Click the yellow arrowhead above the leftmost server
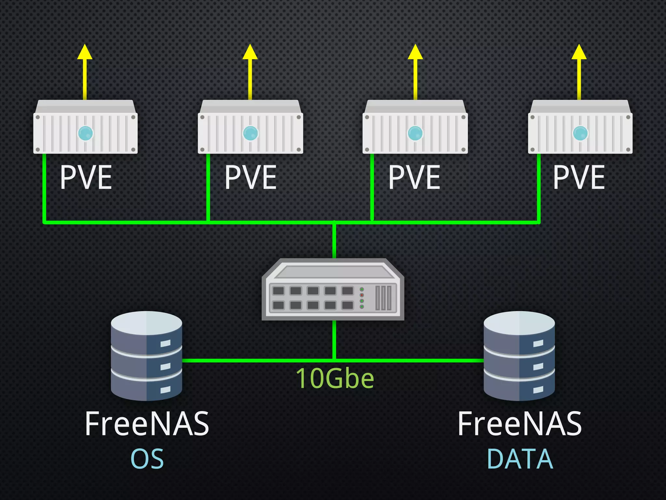(85, 53)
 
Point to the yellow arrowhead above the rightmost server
(579, 53)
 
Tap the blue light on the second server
(250, 133)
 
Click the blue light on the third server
(415, 133)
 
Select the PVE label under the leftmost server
(86, 177)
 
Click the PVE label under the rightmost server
(579, 177)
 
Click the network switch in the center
(333, 290)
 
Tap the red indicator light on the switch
(362, 295)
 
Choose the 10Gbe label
(335, 378)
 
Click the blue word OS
(147, 459)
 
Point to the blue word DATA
(520, 459)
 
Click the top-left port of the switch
(278, 290)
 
